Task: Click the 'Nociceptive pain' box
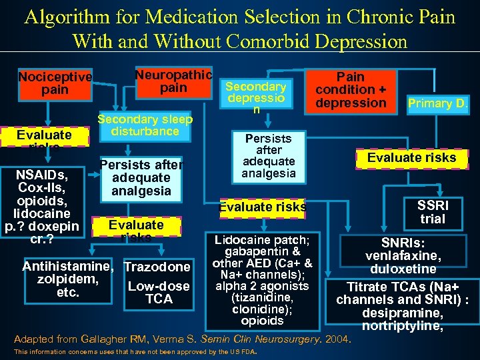point(55,83)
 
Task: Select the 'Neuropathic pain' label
point(173,81)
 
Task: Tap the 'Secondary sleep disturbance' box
point(145,125)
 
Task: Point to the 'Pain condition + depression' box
point(351,90)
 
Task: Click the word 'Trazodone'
point(157,267)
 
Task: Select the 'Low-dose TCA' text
point(159,293)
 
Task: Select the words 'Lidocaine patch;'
point(261,239)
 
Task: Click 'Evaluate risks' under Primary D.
point(412,157)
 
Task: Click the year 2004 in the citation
point(337,339)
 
